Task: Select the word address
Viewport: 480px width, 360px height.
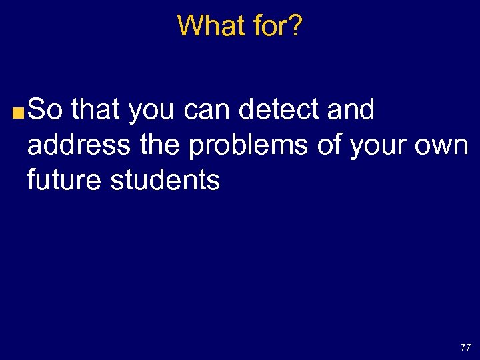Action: [x=69, y=145]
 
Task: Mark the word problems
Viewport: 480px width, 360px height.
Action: [x=249, y=145]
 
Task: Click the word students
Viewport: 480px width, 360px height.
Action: [x=165, y=179]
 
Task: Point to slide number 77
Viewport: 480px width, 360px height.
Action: [x=465, y=347]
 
